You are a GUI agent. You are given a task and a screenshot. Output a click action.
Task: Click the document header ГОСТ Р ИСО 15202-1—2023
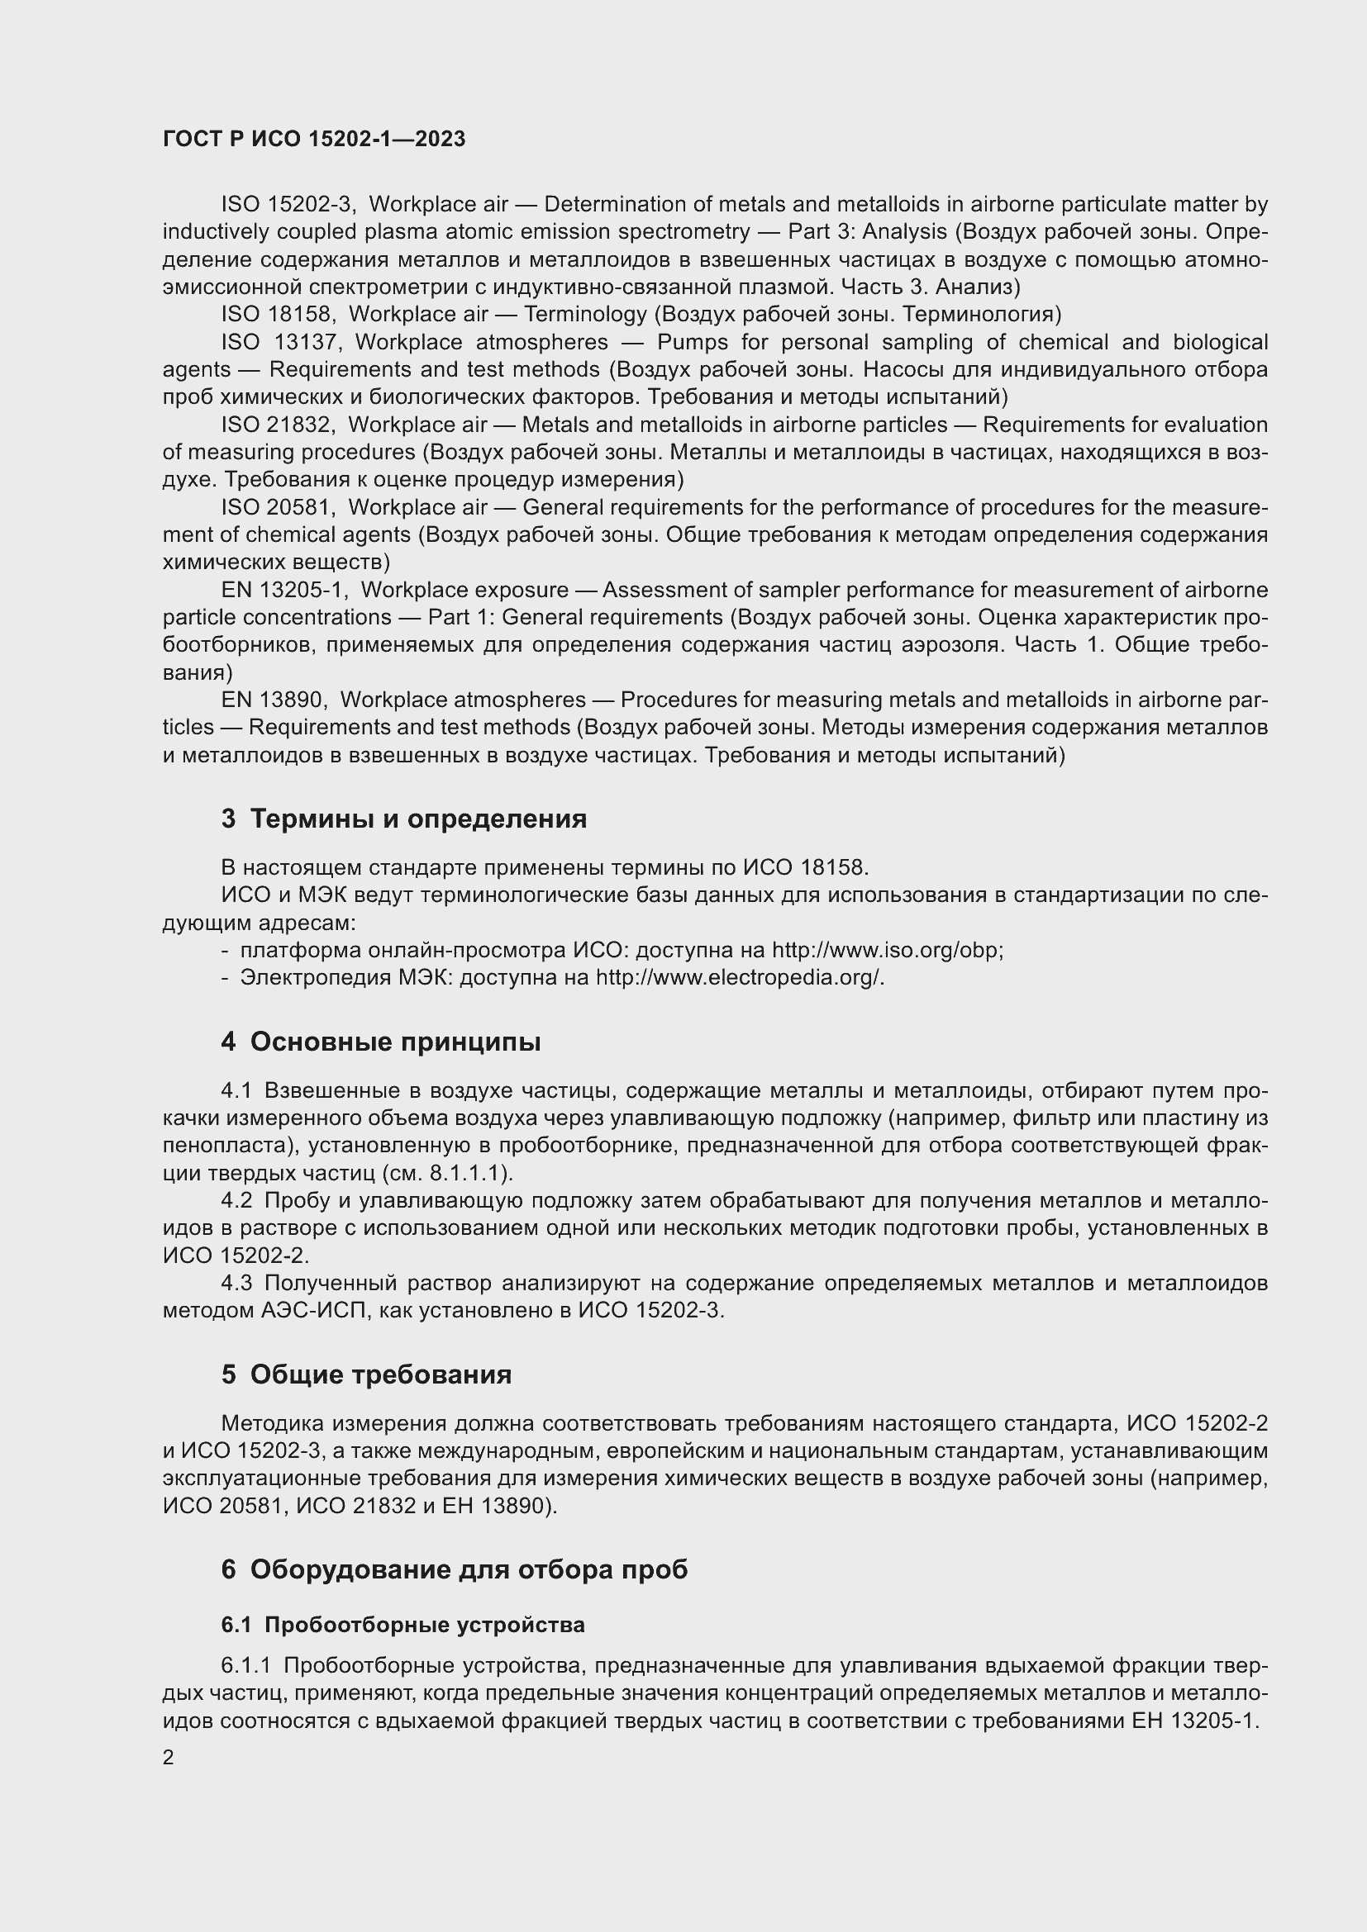pyautogui.click(x=314, y=139)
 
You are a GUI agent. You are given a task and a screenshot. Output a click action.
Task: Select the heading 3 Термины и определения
pyautogui.click(x=404, y=818)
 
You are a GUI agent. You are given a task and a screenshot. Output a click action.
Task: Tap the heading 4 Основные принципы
pyautogui.click(x=380, y=1042)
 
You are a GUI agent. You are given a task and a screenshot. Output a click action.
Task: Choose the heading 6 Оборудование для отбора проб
pyautogui.click(x=455, y=1569)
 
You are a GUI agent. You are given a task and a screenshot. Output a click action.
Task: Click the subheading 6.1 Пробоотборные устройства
pyautogui.click(x=402, y=1624)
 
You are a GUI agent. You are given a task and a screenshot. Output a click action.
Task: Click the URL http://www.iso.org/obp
pyautogui.click(x=886, y=950)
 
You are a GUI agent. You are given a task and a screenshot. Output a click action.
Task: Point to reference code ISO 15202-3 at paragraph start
pyautogui.click(x=288, y=205)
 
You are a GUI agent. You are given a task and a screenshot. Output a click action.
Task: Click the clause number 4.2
pyautogui.click(x=236, y=1201)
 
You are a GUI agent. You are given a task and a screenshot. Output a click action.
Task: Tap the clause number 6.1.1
pyautogui.click(x=245, y=1665)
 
